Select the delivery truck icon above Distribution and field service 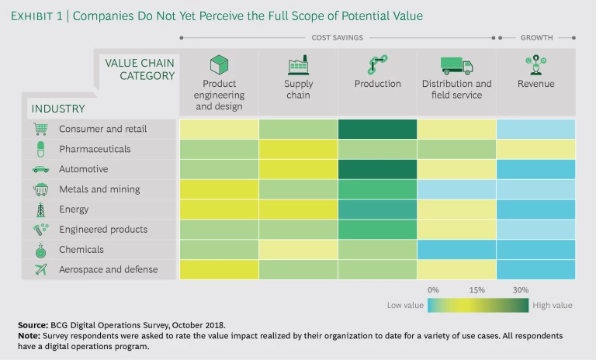456,65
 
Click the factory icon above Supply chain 298,65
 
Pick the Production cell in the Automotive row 377,169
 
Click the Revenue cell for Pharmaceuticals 535,149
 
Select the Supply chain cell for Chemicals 298,249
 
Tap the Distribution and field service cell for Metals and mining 456,189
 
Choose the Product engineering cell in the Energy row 219,209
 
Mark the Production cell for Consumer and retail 377,129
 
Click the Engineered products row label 103,230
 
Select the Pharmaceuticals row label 95,149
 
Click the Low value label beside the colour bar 405,306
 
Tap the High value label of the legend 553,306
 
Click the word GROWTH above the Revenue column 536,37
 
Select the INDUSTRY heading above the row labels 59,109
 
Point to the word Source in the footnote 32,324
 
